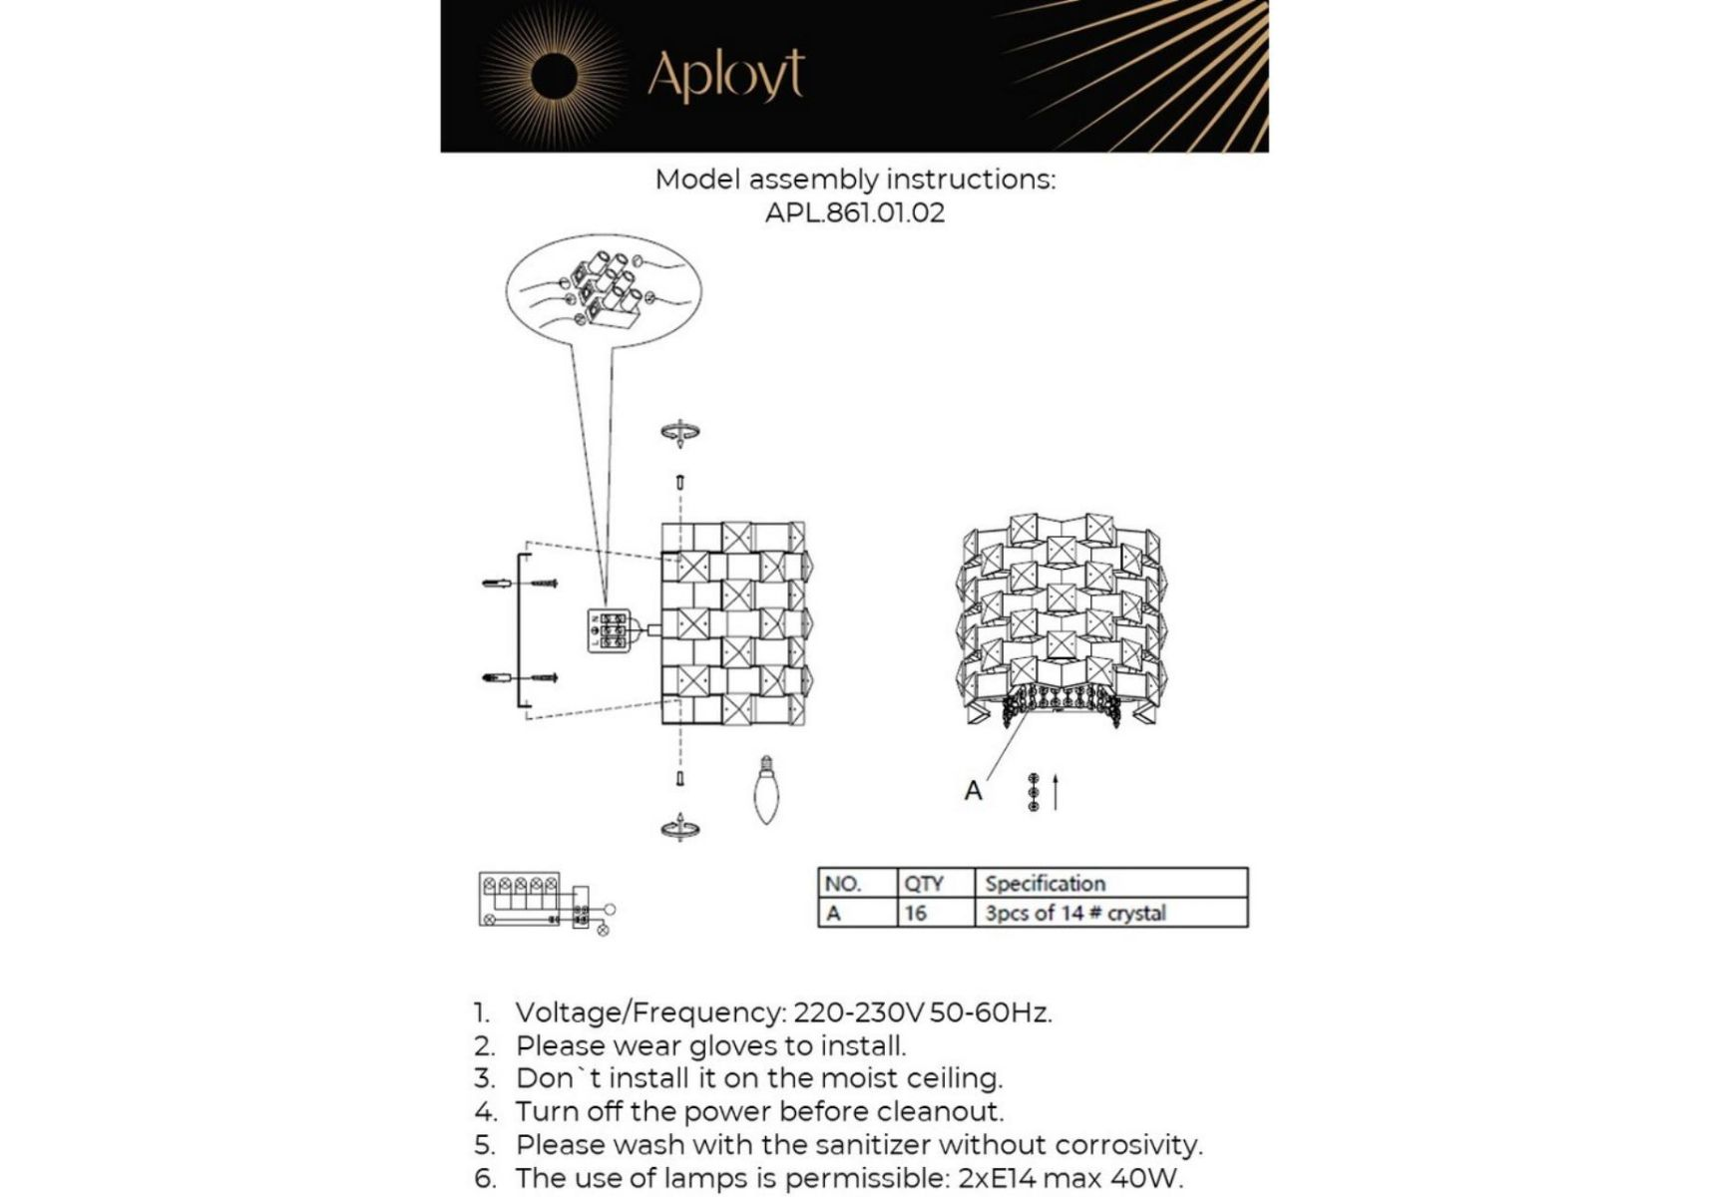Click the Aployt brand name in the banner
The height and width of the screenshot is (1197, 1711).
tap(725, 76)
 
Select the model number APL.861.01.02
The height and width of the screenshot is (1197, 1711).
tap(855, 212)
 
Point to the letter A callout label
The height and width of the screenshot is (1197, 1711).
tap(974, 791)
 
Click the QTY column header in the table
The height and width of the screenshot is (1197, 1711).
tap(923, 884)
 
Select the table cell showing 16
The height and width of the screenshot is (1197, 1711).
tap(916, 913)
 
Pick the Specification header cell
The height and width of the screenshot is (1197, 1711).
tap(1045, 884)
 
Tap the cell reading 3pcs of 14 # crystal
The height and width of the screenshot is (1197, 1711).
tap(1074, 913)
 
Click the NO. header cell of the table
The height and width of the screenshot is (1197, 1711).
tap(843, 884)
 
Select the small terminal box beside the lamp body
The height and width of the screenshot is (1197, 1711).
tap(609, 630)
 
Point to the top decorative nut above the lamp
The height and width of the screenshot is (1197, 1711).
tap(680, 432)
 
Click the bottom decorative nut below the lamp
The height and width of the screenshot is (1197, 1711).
tap(680, 828)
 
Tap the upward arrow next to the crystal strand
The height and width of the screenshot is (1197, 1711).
tap(1056, 792)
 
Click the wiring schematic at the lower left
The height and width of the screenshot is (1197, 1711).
tap(543, 902)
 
